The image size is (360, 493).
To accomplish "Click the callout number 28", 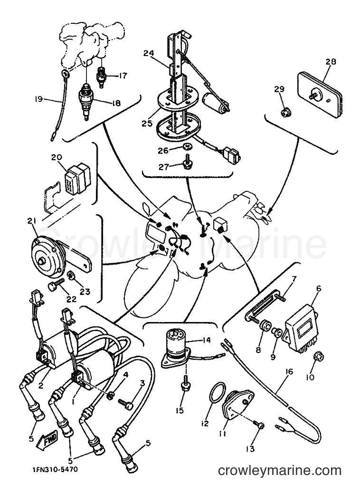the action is pyautogui.click(x=331, y=61).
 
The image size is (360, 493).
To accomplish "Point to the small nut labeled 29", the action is pyautogui.click(x=285, y=112).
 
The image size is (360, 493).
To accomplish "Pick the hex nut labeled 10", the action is pyautogui.click(x=319, y=357).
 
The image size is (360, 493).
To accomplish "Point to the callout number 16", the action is pyautogui.click(x=289, y=372).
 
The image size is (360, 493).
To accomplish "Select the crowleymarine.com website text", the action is pyautogui.click(x=280, y=471).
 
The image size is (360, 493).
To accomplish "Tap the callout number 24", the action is pyautogui.click(x=149, y=53).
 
